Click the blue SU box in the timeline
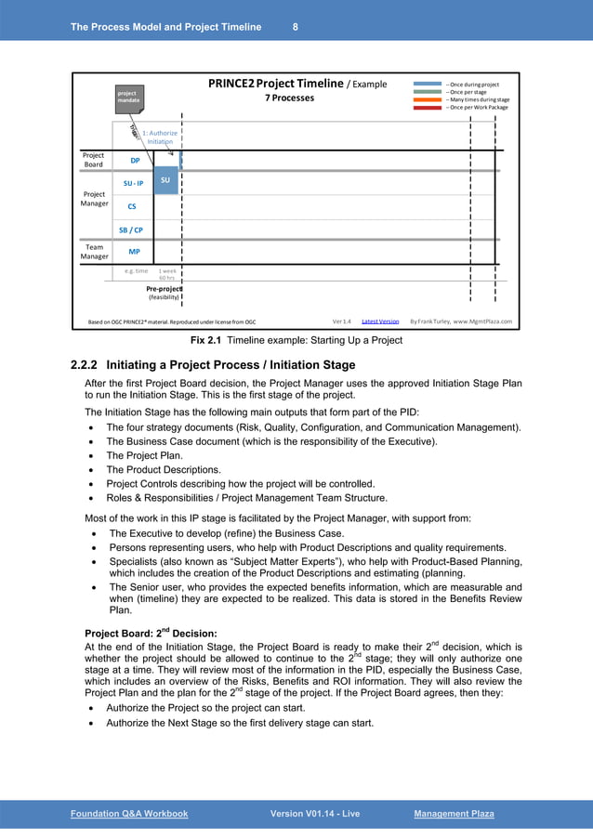(165, 179)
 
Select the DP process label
(134, 160)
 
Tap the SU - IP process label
(133, 184)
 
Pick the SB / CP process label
(131, 229)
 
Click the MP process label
(134, 252)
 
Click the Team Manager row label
(94, 252)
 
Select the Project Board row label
(94, 160)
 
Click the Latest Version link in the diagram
(379, 321)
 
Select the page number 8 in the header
(295, 27)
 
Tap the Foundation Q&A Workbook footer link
(129, 814)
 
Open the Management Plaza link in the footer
(454, 814)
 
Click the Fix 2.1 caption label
(209, 340)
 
